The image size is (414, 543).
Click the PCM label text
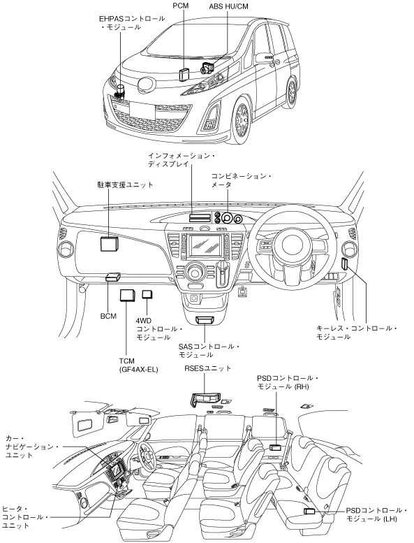tap(181, 6)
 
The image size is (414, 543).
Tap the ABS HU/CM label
tap(228, 6)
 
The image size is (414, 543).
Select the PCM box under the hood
tap(184, 74)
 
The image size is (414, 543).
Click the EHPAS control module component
tap(121, 92)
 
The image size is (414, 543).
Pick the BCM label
tap(108, 316)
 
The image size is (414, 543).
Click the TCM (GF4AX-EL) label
tap(138, 365)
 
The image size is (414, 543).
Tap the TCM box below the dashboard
tap(127, 296)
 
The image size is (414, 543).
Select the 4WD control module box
tap(148, 294)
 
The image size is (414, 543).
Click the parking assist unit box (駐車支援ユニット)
tap(110, 243)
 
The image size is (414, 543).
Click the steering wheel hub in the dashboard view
tap(290, 245)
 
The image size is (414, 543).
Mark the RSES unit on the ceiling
tap(205, 399)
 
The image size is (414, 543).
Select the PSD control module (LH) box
tap(309, 511)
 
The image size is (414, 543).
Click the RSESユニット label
tap(208, 368)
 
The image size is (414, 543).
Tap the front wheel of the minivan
tap(241, 120)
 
